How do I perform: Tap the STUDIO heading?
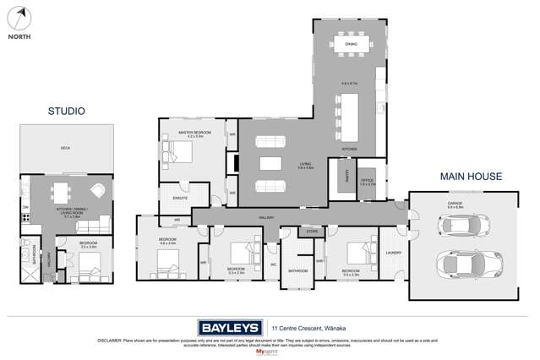[66, 111]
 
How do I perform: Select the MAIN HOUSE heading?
[471, 177]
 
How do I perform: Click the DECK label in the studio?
[65, 149]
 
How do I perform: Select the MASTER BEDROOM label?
[194, 133]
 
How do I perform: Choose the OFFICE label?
[367, 180]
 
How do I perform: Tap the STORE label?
[312, 230]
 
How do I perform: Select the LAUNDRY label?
[392, 253]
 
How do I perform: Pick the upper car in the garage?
[459, 226]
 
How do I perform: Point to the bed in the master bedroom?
[180, 153]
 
